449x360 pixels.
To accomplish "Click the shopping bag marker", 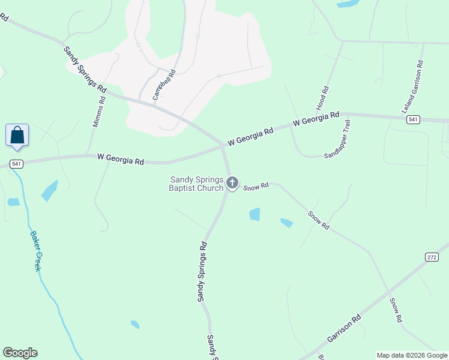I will (17, 135).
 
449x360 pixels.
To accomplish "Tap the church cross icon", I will (232, 182).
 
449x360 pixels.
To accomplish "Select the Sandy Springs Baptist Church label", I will (197, 184).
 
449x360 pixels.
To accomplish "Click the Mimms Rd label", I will (99, 112).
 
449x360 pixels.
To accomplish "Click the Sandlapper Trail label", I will (337, 139).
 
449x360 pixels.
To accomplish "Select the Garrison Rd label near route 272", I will (344, 328).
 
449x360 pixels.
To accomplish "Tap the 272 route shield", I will (432, 257).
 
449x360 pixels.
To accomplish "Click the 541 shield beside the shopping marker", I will (16, 164).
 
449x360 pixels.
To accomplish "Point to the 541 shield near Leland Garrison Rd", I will (412, 120).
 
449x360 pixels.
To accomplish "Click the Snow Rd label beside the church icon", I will (256, 187).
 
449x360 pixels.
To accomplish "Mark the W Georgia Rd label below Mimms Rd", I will (121, 160).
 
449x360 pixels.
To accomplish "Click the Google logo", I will (20, 353).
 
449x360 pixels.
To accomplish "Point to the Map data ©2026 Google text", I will (412, 355).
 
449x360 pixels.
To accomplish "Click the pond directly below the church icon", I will (255, 214).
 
